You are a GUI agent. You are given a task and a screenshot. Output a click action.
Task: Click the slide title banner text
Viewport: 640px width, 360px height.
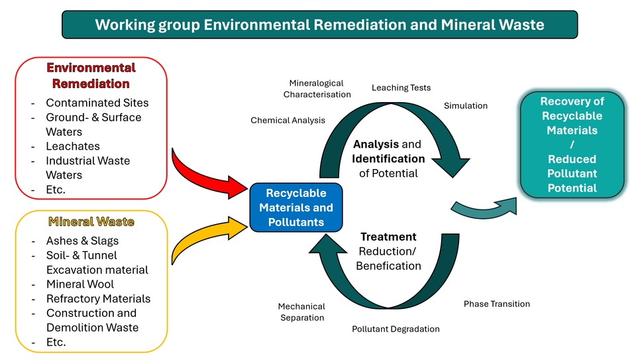coord(319,25)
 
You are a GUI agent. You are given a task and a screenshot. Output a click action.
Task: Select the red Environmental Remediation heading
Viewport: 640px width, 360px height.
coord(91,76)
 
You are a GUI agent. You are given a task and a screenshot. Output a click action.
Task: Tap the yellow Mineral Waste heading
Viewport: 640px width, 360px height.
coord(91,222)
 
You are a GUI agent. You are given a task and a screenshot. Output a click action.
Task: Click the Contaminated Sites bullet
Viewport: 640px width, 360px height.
coord(97,103)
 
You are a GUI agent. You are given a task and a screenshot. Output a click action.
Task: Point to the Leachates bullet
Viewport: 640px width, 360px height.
coord(73,146)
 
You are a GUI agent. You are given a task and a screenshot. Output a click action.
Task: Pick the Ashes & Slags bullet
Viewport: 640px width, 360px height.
coord(82,241)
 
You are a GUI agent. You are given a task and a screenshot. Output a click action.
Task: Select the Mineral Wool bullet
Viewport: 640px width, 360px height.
coord(80,284)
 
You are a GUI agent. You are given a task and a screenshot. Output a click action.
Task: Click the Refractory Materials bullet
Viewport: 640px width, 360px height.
coord(98,299)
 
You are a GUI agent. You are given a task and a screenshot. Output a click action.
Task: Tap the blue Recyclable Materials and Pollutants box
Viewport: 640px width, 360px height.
coord(296,208)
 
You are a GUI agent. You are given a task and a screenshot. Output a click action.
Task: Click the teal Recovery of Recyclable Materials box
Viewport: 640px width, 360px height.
coord(572,145)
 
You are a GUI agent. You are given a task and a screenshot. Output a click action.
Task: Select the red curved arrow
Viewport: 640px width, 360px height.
coord(205,174)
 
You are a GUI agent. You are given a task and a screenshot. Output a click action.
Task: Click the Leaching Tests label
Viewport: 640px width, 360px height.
coord(401,88)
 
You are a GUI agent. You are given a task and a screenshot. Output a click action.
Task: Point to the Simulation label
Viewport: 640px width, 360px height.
coord(465,106)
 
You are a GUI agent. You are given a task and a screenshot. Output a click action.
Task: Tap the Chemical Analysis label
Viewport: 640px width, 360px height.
coord(288,120)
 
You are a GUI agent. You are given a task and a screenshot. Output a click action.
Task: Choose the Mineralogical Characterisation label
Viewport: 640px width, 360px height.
coord(317,89)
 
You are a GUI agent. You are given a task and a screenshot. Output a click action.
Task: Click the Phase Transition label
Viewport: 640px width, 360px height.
coord(496,304)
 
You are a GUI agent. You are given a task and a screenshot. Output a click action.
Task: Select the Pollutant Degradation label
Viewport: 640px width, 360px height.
coord(396,329)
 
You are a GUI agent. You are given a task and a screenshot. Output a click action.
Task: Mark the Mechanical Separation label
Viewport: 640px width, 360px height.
coord(301,312)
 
